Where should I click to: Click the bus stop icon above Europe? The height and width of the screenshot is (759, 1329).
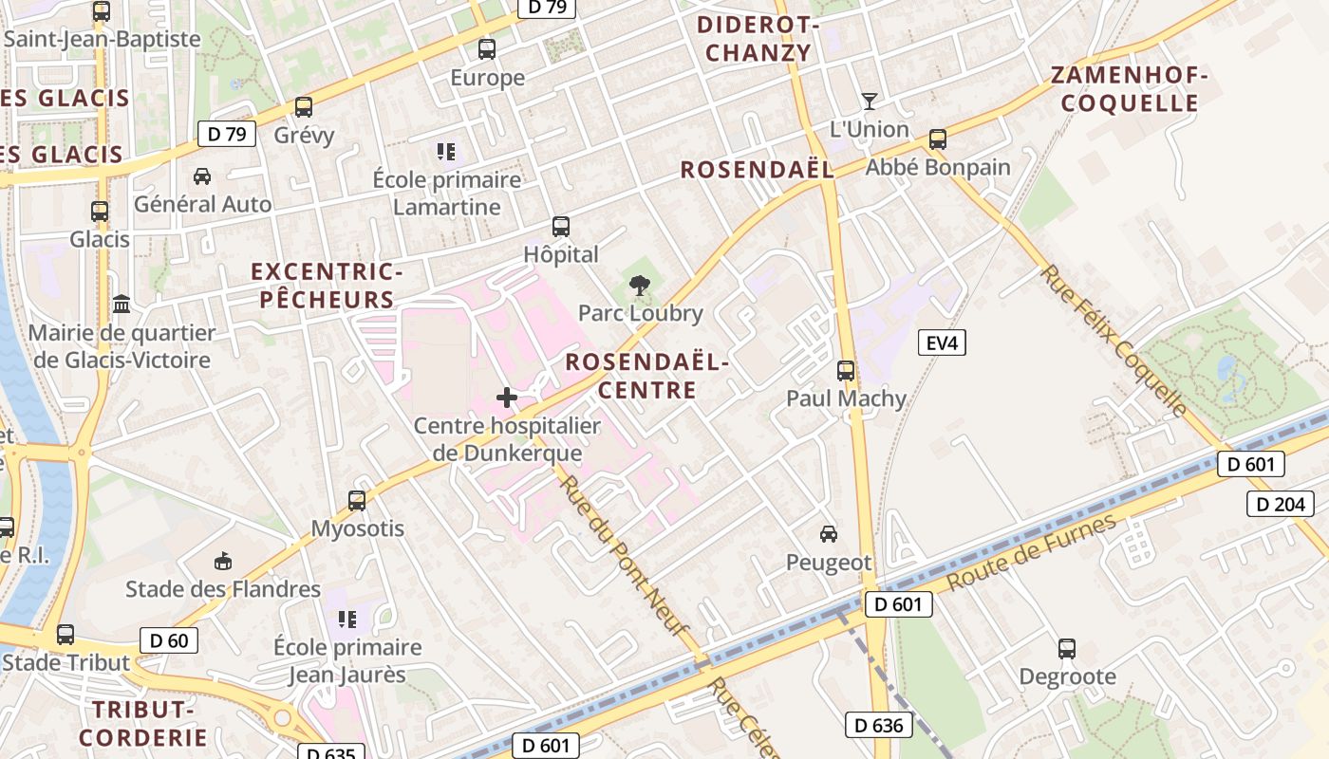pyautogui.click(x=487, y=48)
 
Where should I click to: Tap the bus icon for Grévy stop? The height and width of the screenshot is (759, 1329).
pyautogui.click(x=304, y=106)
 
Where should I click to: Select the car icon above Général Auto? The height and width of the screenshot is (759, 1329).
pyautogui.click(x=202, y=176)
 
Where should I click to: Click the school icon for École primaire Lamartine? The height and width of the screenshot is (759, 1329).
pyautogui.click(x=446, y=151)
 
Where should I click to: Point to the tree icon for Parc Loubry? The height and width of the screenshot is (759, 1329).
pyautogui.click(x=640, y=284)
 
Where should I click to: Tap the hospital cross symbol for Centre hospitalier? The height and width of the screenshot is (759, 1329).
pyautogui.click(x=507, y=398)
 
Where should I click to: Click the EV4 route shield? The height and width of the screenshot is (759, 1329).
pyautogui.click(x=942, y=342)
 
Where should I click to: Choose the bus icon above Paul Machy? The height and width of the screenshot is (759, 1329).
pyautogui.click(x=846, y=370)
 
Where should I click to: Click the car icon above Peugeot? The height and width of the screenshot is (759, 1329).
pyautogui.click(x=829, y=534)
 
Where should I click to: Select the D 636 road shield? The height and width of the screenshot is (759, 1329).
pyautogui.click(x=879, y=726)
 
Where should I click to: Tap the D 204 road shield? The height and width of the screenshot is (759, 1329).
pyautogui.click(x=1281, y=504)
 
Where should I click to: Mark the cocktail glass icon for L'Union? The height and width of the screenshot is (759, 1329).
pyautogui.click(x=869, y=101)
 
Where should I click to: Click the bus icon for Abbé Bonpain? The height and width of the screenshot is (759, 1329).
pyautogui.click(x=938, y=139)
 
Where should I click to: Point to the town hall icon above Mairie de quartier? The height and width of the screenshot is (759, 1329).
pyautogui.click(x=122, y=305)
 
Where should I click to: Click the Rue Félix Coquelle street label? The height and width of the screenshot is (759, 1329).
pyautogui.click(x=1114, y=341)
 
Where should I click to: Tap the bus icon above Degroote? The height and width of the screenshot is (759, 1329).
pyautogui.click(x=1067, y=649)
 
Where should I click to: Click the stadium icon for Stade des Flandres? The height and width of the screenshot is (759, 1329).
pyautogui.click(x=223, y=561)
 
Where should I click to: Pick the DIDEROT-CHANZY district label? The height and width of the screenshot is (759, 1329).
pyautogui.click(x=758, y=38)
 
